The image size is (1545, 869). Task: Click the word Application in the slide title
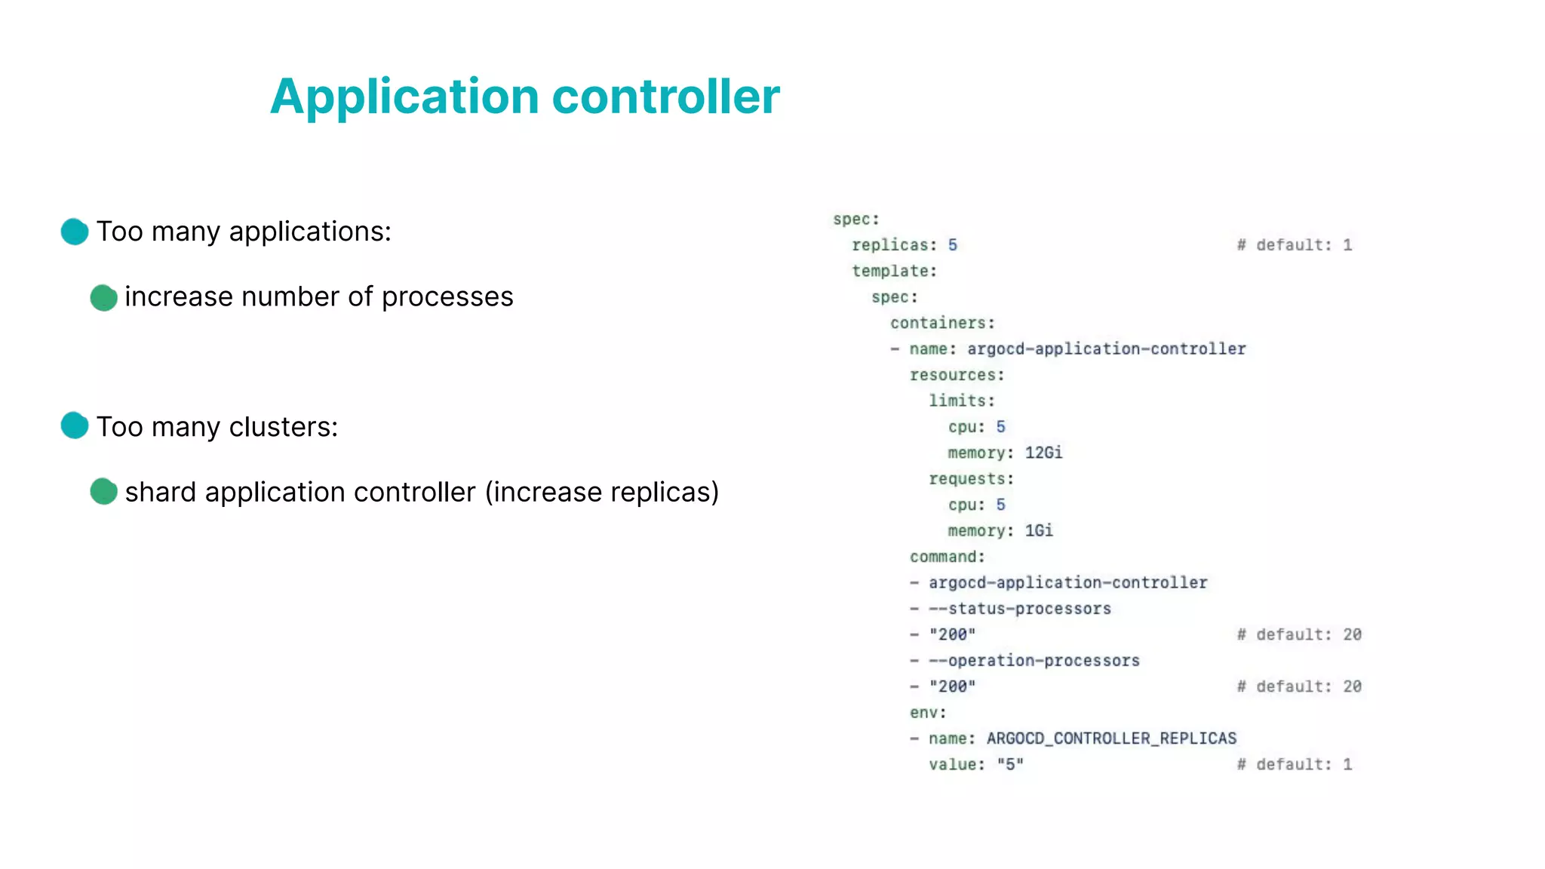coord(404,97)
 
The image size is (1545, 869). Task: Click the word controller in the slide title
coord(666,97)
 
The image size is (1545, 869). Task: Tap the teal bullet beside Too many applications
coord(75,232)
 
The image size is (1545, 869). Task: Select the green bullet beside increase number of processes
coord(103,297)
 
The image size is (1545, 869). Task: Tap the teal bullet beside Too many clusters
coord(75,426)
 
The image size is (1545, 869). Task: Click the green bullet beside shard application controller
coord(103,492)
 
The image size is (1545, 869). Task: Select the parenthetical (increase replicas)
coord(601,492)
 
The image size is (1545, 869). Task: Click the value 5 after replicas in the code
coord(953,245)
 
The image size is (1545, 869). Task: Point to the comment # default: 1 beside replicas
coord(1295,245)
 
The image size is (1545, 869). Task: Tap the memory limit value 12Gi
coord(1043,453)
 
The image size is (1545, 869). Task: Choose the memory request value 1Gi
coord(1039,531)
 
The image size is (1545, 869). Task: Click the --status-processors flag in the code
coord(1020,609)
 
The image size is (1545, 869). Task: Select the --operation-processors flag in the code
coord(1034,661)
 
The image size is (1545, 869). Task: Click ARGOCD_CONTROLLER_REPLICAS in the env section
coord(1111,738)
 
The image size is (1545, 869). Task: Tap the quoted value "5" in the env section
coord(1010,765)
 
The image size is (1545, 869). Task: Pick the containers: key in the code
coord(942,323)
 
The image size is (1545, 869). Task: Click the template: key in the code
coord(894,271)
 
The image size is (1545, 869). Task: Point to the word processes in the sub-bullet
coord(447,297)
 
